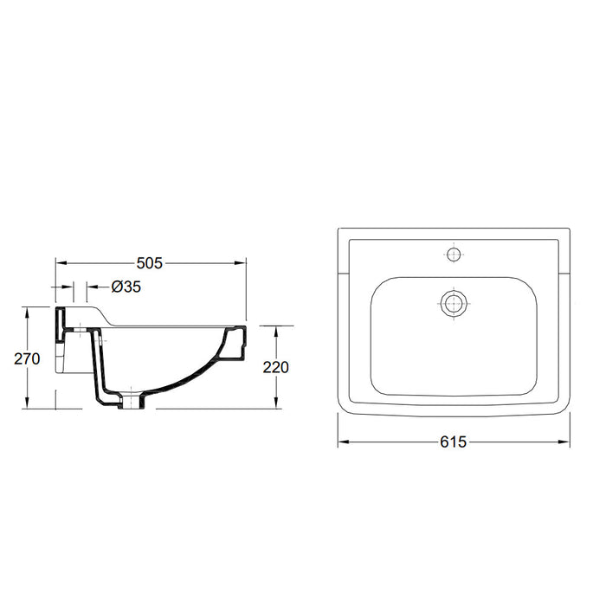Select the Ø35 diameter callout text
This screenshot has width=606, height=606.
coord(126,287)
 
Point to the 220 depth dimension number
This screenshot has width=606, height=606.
coord(275,367)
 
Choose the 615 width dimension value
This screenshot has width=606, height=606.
coord(453,442)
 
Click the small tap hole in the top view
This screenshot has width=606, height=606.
coord(453,255)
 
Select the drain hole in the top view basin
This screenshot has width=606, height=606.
coord(453,302)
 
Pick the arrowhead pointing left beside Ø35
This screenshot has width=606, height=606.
coord(90,287)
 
